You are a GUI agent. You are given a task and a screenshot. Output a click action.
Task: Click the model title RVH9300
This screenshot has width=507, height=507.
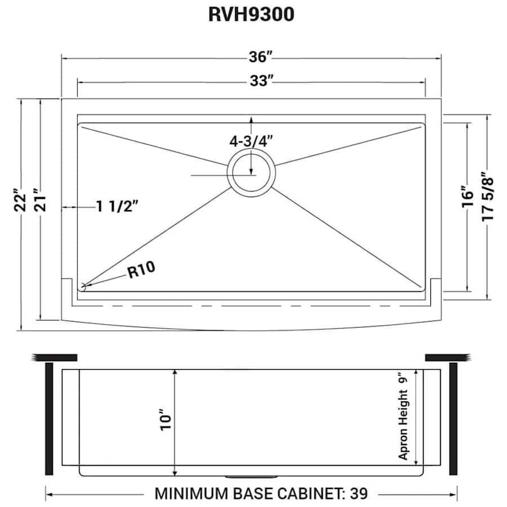click(x=251, y=15)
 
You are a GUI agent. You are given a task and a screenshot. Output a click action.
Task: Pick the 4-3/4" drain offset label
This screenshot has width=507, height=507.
click(x=251, y=141)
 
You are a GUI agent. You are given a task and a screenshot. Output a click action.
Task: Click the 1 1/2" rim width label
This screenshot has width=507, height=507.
click(x=117, y=207)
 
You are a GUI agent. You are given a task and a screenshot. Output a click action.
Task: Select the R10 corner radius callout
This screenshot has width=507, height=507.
click(x=141, y=272)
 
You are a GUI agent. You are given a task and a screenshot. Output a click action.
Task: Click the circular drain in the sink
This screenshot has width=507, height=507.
click(x=251, y=171)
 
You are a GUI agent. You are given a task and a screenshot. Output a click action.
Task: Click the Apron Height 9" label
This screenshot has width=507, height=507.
click(x=403, y=417)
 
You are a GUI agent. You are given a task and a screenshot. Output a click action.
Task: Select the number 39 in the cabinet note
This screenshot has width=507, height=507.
click(x=359, y=494)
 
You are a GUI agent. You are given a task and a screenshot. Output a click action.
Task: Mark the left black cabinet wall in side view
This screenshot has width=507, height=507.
click(x=49, y=419)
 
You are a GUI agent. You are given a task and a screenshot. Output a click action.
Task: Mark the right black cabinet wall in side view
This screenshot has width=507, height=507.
click(x=453, y=419)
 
